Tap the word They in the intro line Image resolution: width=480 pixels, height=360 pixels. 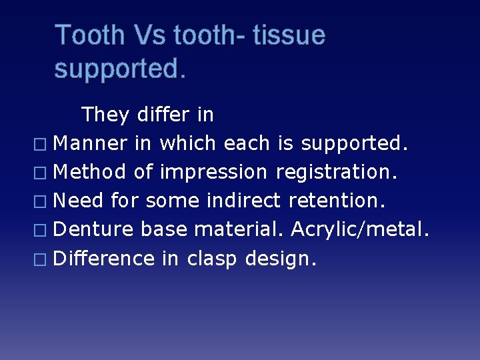(105, 115)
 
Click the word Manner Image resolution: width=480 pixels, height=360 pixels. (89, 143)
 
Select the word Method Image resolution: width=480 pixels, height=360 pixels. (89, 172)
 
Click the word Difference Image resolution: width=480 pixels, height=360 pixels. (103, 258)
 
